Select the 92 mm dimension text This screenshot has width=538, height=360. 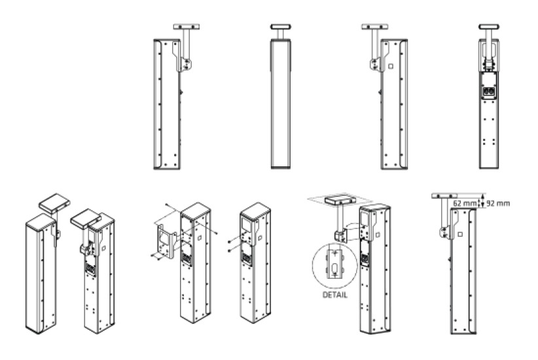(x=497, y=204)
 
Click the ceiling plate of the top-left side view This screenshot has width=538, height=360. (x=186, y=27)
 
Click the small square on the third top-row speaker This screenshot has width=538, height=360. (x=390, y=65)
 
